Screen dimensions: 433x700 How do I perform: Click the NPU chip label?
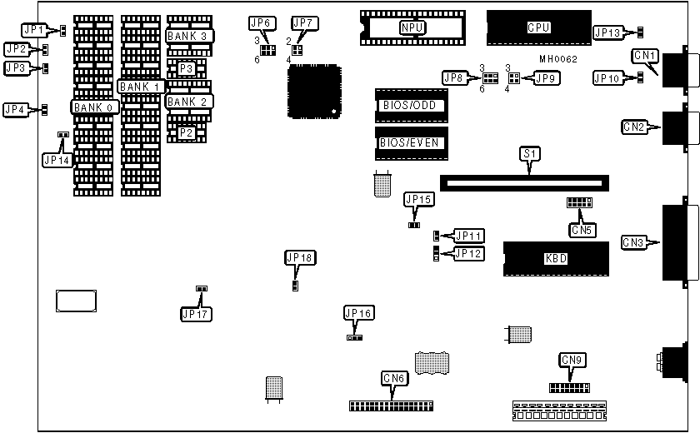pyautogui.click(x=411, y=27)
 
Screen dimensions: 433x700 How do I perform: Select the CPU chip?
pyautogui.click(x=538, y=27)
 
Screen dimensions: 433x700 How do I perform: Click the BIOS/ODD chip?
pyautogui.click(x=411, y=106)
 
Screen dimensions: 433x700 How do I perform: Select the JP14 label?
pyautogui.click(x=57, y=159)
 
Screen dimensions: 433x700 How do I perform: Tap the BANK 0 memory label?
pyautogui.click(x=94, y=107)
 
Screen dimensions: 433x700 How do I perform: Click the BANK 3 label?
pyautogui.click(x=190, y=36)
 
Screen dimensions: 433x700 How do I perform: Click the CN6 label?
pyautogui.click(x=394, y=378)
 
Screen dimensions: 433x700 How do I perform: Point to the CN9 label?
pyautogui.click(x=572, y=360)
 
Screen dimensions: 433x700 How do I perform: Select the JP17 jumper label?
pyautogui.click(x=197, y=314)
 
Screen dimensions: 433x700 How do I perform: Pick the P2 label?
pyautogui.click(x=187, y=132)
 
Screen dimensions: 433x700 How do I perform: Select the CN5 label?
pyautogui.click(x=581, y=228)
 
